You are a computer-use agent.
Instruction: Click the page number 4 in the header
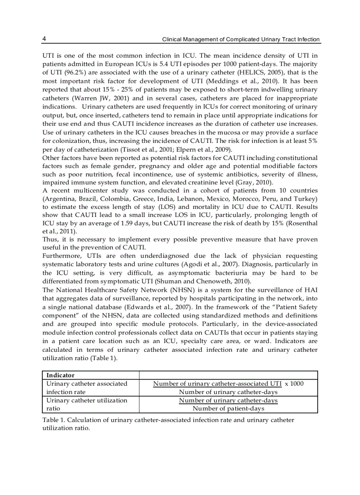(x=44, y=39)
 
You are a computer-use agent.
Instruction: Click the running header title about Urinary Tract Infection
(x=241, y=40)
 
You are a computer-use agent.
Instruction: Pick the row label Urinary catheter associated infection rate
(x=86, y=387)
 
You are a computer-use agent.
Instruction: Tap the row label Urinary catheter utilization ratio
(x=86, y=404)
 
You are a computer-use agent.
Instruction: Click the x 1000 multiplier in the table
(x=294, y=383)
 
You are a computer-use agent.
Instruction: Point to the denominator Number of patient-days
(x=228, y=409)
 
